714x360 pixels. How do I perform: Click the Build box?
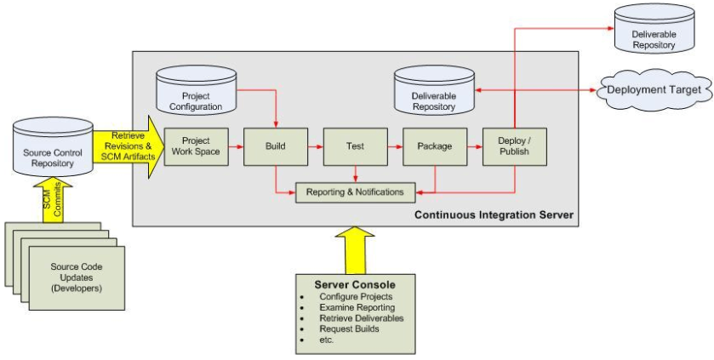[x=275, y=146]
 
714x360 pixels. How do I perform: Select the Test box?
[x=355, y=146]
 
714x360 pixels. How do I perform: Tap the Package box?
[x=434, y=146]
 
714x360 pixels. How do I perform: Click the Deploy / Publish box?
[x=514, y=146]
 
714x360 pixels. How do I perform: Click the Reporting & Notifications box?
[x=355, y=192]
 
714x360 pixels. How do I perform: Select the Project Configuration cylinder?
[x=196, y=94]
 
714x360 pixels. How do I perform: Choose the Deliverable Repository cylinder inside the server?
[x=433, y=93]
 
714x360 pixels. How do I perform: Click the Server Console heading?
[x=354, y=284]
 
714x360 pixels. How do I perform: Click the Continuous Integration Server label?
[x=494, y=215]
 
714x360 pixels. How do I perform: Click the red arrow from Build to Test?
[x=315, y=146]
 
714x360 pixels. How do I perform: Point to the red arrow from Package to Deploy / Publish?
[x=474, y=146]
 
